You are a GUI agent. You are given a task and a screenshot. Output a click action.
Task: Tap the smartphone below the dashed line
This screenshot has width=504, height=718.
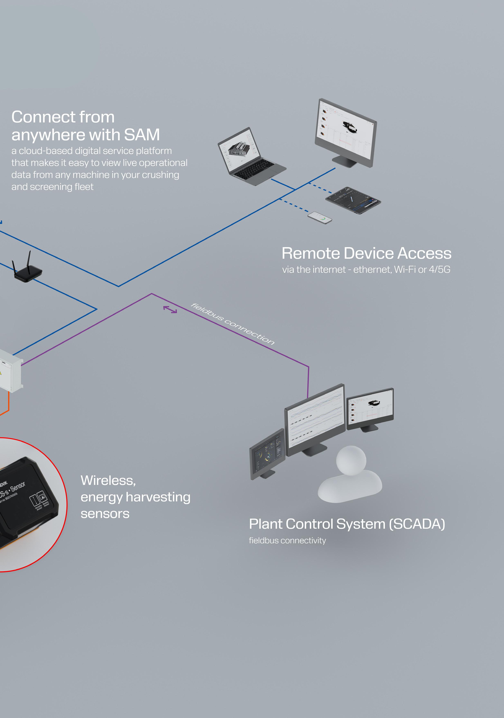[320, 218]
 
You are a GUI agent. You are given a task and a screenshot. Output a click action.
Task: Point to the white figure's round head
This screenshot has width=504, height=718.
[351, 461]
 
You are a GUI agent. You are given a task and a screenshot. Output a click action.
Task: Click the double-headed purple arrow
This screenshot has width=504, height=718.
[170, 309]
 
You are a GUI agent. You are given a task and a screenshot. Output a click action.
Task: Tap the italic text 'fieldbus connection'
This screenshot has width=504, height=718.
[233, 324]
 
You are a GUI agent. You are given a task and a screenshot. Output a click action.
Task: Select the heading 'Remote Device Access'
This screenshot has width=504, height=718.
[366, 253]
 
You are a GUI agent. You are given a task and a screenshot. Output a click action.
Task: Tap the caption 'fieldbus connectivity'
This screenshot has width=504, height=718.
[287, 541]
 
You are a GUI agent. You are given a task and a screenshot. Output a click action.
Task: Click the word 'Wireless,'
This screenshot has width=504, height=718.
[108, 480]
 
